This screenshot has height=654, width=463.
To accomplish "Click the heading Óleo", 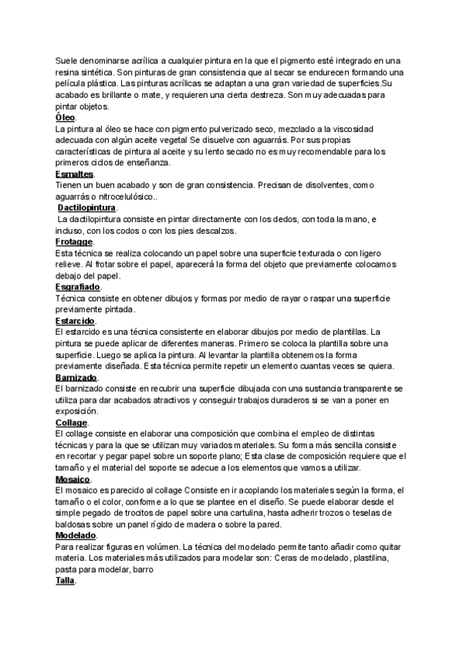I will click(x=66, y=117).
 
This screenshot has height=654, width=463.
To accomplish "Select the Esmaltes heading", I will click(x=74, y=174).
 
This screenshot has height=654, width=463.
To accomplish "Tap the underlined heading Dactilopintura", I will click(x=87, y=208).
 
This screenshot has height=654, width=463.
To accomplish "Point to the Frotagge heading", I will click(x=74, y=242).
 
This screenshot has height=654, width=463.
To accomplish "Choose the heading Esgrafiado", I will click(x=77, y=288).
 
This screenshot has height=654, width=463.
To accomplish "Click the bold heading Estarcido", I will click(x=75, y=321).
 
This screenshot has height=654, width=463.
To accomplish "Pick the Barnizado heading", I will click(x=76, y=378).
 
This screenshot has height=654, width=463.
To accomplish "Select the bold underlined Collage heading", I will click(x=72, y=423).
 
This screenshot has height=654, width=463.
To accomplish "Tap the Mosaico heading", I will click(x=73, y=479).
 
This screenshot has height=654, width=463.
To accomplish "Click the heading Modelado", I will click(x=76, y=535).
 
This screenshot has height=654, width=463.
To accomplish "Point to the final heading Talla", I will click(x=65, y=581).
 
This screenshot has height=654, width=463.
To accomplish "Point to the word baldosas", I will click(x=75, y=524).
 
